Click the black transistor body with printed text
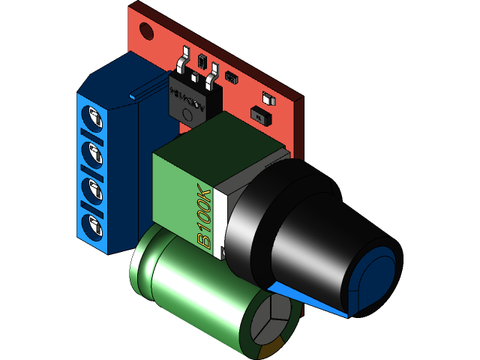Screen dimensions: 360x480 point(193,101)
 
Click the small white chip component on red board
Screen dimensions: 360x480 point(266,97)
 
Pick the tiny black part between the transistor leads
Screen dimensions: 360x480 point(202,58)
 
